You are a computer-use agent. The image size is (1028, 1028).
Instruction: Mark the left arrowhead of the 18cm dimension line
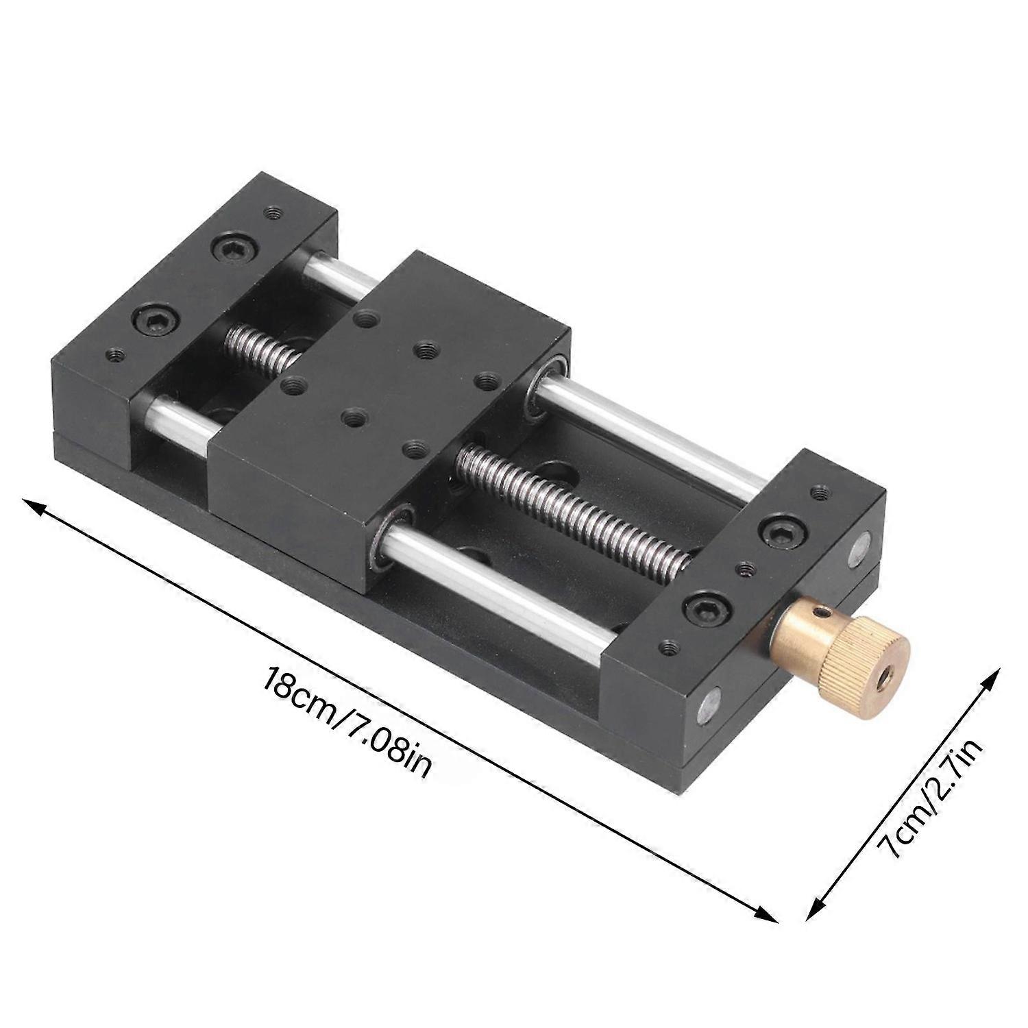pos(31,505)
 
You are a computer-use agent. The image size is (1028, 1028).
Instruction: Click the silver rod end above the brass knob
pos(858,550)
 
